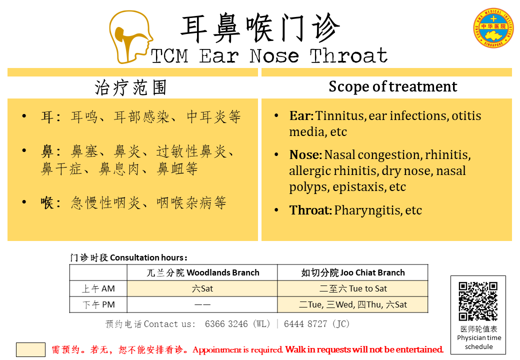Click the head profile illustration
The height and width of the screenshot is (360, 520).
click(131, 37)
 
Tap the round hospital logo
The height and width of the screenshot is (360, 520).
click(493, 28)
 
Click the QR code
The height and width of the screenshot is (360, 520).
click(478, 301)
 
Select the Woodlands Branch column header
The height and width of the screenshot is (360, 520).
click(202, 272)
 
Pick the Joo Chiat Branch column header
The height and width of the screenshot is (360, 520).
click(353, 272)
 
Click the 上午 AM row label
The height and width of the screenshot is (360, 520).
click(98, 288)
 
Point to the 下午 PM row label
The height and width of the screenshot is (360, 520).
click(98, 304)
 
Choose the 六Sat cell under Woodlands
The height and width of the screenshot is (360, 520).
click(202, 288)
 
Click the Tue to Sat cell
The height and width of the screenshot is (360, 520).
click(353, 288)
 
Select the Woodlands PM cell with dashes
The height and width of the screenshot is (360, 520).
click(202, 304)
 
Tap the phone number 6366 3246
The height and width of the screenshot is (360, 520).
click(226, 324)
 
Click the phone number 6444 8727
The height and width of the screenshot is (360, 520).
click(305, 324)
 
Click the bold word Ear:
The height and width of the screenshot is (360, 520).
click(301, 115)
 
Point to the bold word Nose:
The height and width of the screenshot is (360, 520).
click(305, 155)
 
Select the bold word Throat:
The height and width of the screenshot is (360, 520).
click(310, 210)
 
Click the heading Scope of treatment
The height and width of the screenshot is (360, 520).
click(393, 86)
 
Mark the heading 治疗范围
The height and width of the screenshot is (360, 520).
click(130, 88)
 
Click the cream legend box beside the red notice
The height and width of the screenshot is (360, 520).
click(31, 349)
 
